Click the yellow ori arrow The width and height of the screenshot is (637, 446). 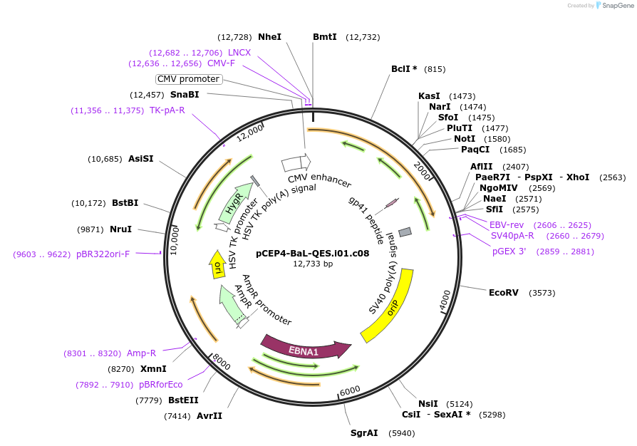coord(218,264)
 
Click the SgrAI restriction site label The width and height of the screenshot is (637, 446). coord(364,433)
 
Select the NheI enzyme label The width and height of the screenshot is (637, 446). coord(269,36)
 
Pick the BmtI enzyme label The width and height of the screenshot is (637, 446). coord(325,36)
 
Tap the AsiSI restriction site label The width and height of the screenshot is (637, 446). coord(140,158)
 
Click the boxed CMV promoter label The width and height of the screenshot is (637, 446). coord(189,79)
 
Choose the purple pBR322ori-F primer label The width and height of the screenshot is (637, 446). coord(103,254)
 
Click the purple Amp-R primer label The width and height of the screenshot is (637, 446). coord(141,353)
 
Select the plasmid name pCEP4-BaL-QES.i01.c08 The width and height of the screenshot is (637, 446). coord(313,253)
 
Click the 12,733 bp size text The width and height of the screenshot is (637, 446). coord(313,264)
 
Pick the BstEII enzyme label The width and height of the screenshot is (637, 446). coord(183,400)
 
